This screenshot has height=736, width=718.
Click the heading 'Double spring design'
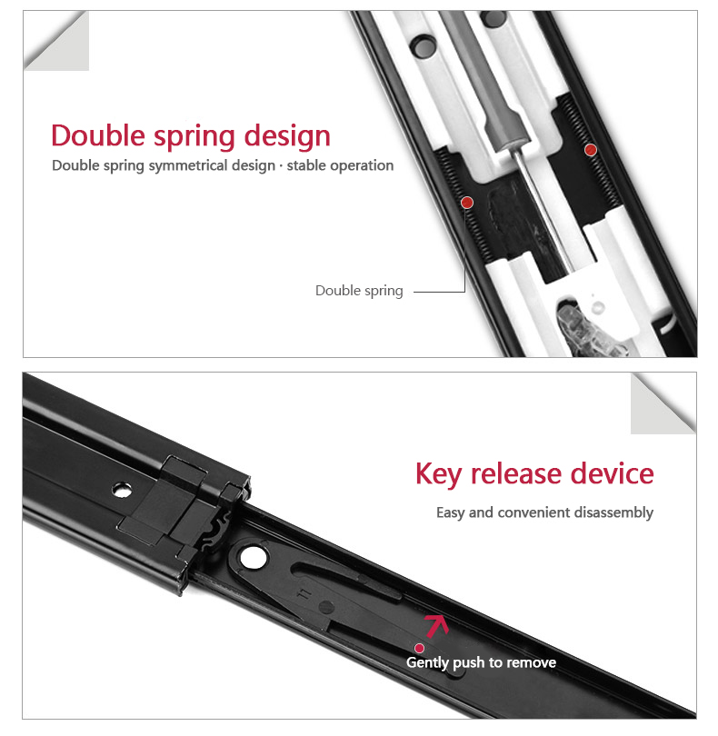[x=191, y=136]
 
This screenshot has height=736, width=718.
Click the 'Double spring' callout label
[x=359, y=291]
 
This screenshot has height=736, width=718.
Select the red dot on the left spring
[x=467, y=203]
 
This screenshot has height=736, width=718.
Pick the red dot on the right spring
[x=590, y=150]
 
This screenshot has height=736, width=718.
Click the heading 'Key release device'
[x=534, y=473]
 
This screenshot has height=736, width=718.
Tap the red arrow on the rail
[x=437, y=626]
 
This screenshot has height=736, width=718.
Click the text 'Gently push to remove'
[x=481, y=662]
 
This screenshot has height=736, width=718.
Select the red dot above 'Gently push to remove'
[x=419, y=648]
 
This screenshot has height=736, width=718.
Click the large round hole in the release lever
[x=253, y=558]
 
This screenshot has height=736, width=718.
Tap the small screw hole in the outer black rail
[x=122, y=490]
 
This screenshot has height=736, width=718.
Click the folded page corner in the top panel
[x=56, y=41]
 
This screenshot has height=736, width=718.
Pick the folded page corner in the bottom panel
[x=663, y=403]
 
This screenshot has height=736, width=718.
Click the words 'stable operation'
[x=340, y=165]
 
